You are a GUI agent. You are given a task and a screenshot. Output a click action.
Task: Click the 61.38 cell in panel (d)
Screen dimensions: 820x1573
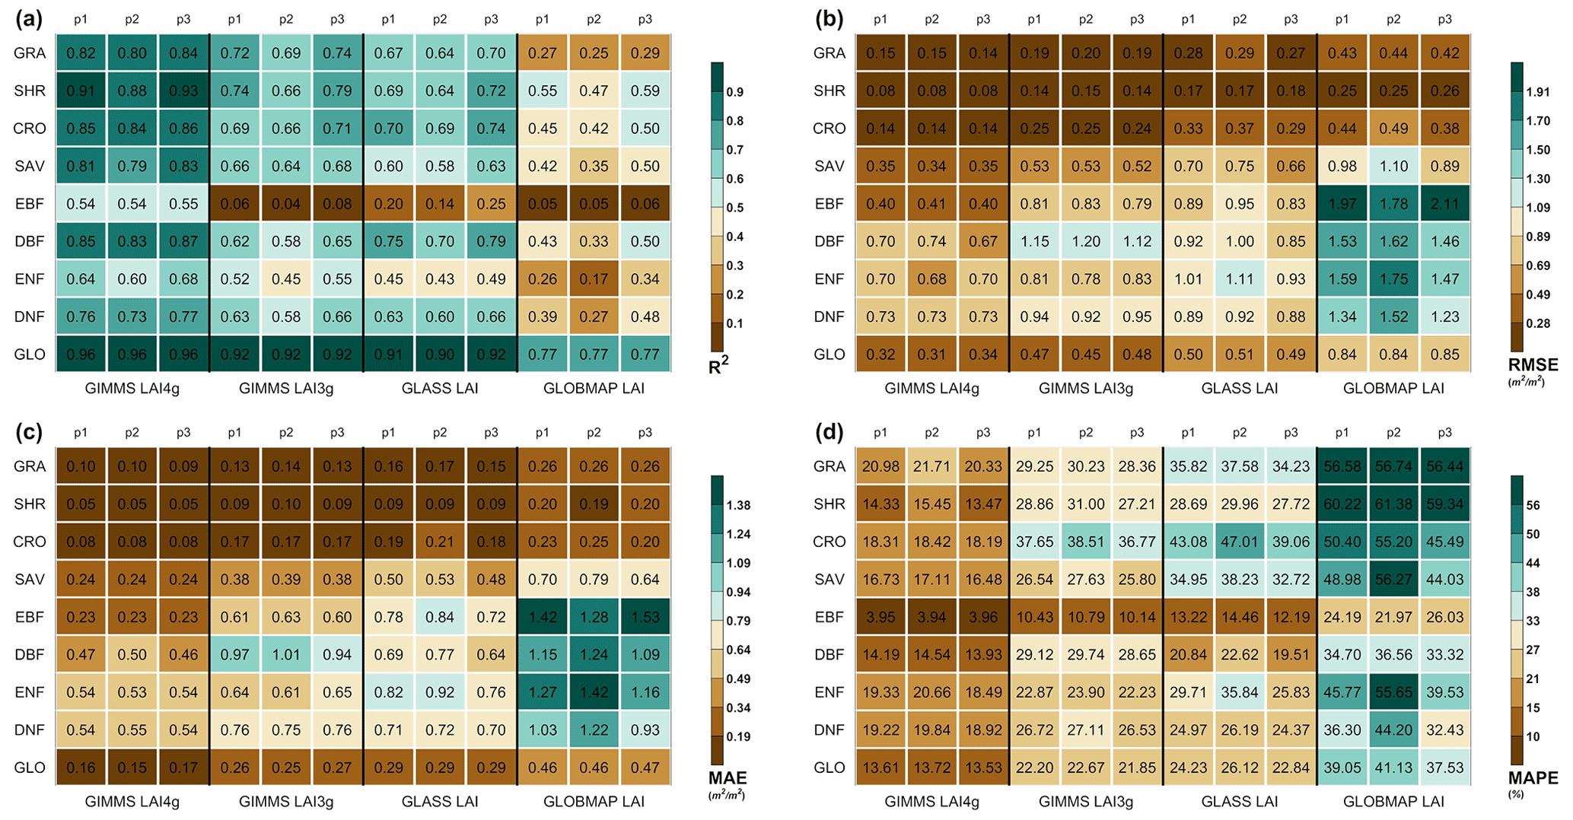[x=1393, y=504]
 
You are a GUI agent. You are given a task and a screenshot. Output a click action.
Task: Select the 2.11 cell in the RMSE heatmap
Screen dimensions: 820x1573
[x=1444, y=204]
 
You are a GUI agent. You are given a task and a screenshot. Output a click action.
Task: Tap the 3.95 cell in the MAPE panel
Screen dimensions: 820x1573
[x=880, y=617]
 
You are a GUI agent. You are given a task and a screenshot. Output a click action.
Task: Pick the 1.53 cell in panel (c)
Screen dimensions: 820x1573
[x=645, y=617]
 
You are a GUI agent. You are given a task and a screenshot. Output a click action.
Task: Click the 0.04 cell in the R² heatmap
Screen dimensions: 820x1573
[x=286, y=204]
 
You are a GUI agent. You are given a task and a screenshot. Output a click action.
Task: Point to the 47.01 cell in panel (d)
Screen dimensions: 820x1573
[x=1240, y=542]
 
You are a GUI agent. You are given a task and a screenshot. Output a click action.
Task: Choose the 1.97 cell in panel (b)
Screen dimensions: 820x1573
[x=1342, y=204]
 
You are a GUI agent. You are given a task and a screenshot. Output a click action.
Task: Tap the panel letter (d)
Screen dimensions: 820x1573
[x=829, y=433]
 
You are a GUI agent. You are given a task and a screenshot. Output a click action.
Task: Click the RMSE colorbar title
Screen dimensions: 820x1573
[x=1533, y=365]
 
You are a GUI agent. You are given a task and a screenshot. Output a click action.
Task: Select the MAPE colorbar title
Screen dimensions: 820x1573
[x=1533, y=778]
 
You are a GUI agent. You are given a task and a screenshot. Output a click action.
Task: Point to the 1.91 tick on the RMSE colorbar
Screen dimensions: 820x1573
[x=1538, y=92]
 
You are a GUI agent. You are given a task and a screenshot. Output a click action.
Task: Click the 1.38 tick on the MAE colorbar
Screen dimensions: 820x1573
[x=738, y=505]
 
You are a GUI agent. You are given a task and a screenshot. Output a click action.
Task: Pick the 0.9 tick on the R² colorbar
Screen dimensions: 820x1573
[x=735, y=92]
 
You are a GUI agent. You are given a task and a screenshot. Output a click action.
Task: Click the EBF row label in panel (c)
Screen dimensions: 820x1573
[x=30, y=617]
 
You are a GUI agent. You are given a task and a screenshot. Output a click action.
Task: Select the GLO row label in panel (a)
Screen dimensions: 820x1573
[x=30, y=354]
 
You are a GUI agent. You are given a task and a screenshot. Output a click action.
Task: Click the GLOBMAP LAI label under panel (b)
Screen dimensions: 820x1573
[x=1393, y=389]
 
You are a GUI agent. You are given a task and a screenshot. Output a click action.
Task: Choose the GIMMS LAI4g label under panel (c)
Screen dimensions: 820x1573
[x=132, y=802]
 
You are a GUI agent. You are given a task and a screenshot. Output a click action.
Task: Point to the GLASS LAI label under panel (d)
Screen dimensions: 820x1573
[x=1240, y=802]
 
